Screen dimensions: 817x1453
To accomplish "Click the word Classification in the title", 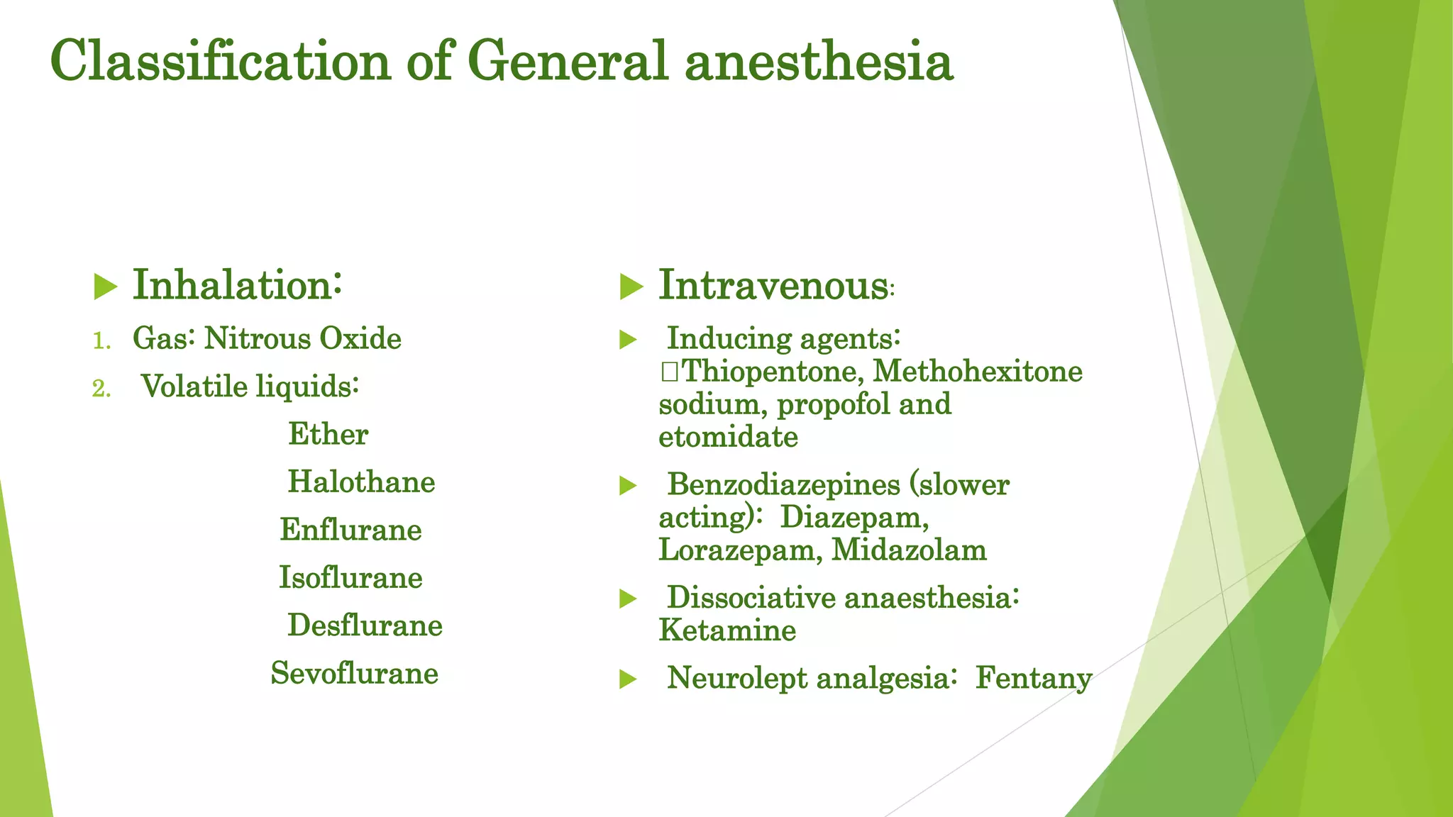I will coord(220,62).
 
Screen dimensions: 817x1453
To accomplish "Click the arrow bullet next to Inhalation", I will coord(105,287).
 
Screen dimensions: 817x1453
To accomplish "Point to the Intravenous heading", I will coord(773,285).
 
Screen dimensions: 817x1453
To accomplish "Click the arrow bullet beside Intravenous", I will coord(631,287).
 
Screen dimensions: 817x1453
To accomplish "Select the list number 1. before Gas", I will coord(102,341).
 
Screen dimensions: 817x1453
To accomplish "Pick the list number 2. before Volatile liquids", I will coord(101,389).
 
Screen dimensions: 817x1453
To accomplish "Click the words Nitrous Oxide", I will coord(303,338).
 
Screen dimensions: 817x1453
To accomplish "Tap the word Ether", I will coord(328,434).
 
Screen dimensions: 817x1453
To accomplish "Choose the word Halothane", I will coord(361,482).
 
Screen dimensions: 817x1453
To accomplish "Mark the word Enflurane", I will coord(350,530).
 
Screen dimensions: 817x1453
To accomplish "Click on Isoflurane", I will coord(350,577).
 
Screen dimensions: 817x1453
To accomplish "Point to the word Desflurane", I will coord(365,626).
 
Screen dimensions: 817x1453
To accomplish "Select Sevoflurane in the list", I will coord(354,673).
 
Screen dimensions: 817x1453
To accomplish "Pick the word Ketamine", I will coord(727,630).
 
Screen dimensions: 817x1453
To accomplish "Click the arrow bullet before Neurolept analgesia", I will coord(628,679).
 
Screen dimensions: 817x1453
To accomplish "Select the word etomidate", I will coord(728,437).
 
